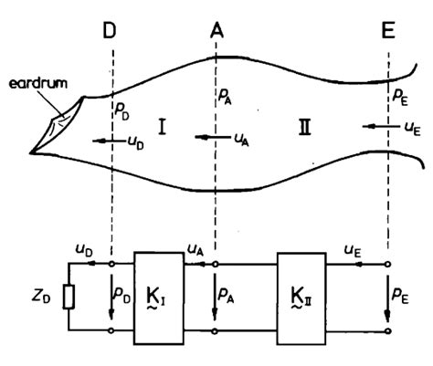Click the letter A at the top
click(216, 31)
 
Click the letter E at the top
click(388, 31)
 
